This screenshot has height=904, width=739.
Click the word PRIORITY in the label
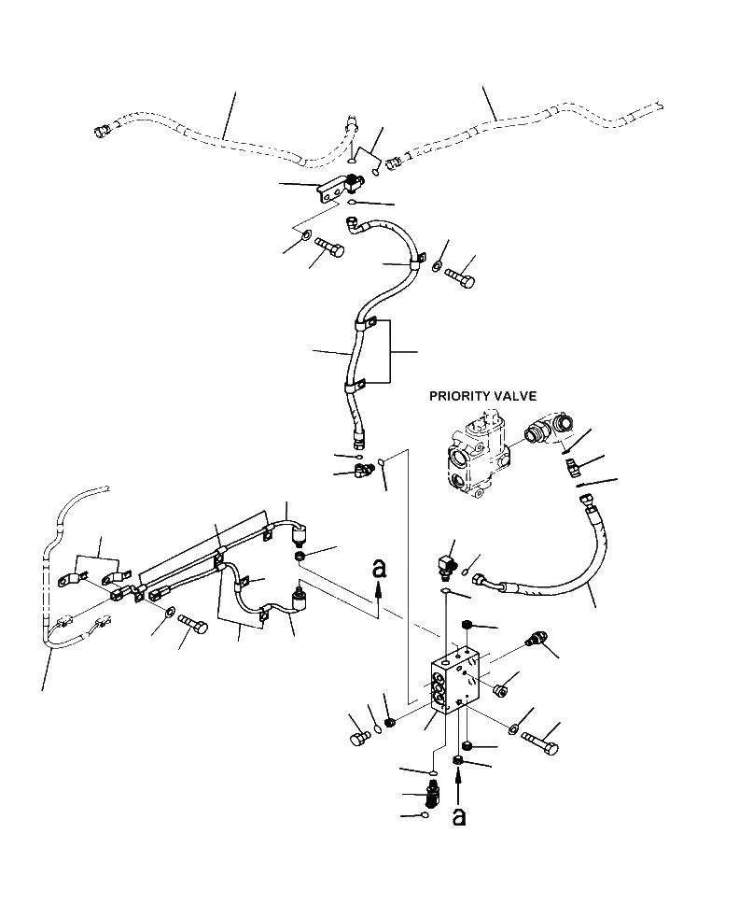tap(463, 396)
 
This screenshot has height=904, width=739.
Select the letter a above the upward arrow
tap(378, 567)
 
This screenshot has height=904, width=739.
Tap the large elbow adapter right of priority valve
tap(546, 431)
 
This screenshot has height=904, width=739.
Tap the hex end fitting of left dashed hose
tap(103, 131)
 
